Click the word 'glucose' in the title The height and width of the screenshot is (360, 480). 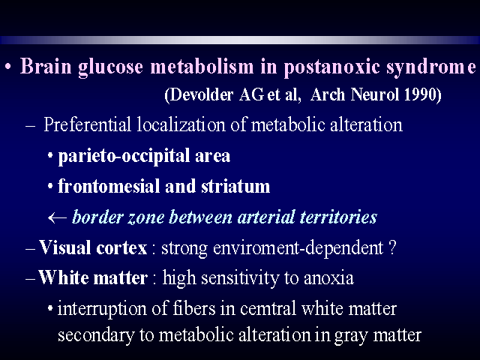tap(110, 67)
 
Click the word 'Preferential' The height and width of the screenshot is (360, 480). tap(87, 125)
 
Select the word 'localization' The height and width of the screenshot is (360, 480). tap(181, 125)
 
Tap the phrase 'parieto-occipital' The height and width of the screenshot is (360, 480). tap(124, 156)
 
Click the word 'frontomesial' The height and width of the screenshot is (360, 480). tap(108, 186)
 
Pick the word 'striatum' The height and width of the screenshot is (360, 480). tap(235, 186)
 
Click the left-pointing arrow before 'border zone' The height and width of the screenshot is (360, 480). tap(57, 217)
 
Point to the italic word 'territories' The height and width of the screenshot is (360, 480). tap(338, 217)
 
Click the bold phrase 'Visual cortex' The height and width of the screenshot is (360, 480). tap(93, 247)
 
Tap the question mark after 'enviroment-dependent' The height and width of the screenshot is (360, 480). tap(392, 247)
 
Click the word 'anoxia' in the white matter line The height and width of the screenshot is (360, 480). tap(328, 278)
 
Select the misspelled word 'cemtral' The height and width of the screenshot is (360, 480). tap(268, 308)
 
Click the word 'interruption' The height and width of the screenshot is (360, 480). tap(102, 308)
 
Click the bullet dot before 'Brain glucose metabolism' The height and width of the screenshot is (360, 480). tap(8, 67)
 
